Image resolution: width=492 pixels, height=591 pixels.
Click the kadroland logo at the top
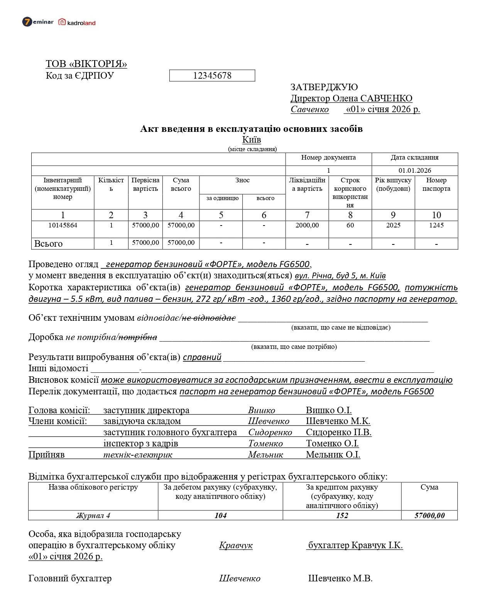click(x=77, y=22)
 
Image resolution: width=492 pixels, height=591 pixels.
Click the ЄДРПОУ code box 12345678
click(x=212, y=76)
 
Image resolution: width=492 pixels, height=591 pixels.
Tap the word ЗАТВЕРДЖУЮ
click(x=324, y=87)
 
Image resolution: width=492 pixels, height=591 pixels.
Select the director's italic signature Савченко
click(x=309, y=109)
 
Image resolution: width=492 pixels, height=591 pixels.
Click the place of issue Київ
click(x=252, y=140)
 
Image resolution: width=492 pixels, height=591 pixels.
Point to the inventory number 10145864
click(x=63, y=225)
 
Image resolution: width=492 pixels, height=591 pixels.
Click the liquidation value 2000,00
click(x=307, y=225)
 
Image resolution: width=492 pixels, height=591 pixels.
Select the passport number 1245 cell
click(x=436, y=225)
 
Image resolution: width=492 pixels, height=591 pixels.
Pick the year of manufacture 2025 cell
click(x=393, y=225)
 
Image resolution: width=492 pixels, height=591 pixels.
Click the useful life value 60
click(x=350, y=225)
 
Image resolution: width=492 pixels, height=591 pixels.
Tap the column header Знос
click(x=242, y=180)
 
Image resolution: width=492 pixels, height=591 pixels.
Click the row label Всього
click(x=48, y=244)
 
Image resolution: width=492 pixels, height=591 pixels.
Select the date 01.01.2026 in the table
click(x=415, y=170)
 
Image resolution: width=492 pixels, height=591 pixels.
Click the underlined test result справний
click(x=202, y=357)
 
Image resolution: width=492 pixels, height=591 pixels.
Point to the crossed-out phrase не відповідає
click(x=209, y=318)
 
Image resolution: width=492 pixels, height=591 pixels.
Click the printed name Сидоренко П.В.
click(x=338, y=433)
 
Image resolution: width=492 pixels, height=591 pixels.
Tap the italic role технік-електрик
click(x=138, y=455)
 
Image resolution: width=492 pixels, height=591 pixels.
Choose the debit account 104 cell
click(x=220, y=516)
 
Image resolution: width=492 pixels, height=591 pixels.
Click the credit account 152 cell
click(x=342, y=516)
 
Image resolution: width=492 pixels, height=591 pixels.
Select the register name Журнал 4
click(x=93, y=516)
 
